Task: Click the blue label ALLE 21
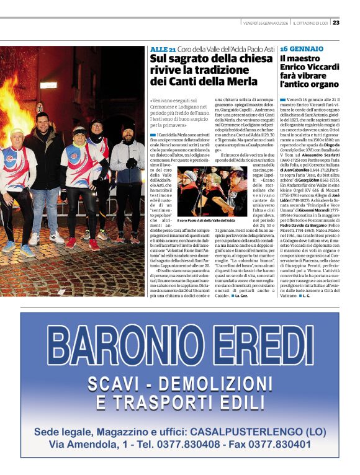162,49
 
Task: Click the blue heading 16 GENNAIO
302,48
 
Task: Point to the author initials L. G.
305,296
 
